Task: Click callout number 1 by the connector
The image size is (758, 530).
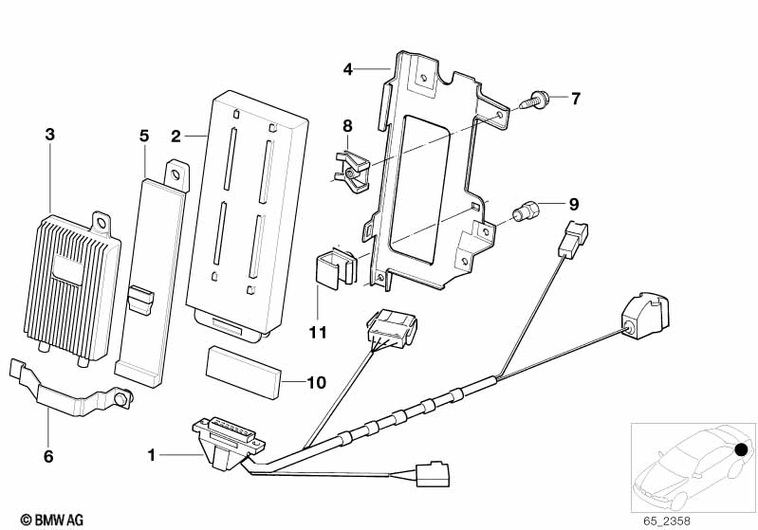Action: point(151,456)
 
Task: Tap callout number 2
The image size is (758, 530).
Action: point(176,137)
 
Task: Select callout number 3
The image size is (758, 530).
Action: point(50,134)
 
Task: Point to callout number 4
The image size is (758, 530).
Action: point(348,68)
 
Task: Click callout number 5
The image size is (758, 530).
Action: point(144,136)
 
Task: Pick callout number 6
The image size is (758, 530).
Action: point(48,457)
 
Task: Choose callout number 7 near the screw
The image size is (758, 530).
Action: point(575,98)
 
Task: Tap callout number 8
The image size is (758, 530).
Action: point(347,126)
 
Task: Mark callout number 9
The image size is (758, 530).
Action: point(572,204)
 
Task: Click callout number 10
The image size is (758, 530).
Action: point(317,382)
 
